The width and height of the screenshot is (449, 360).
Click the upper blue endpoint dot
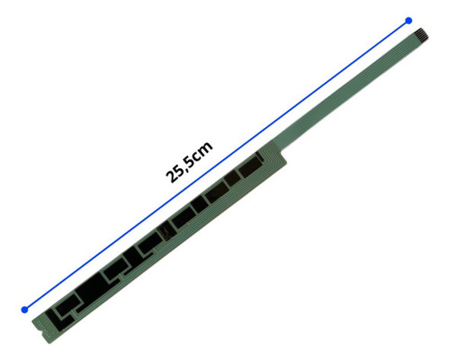tap(409, 21)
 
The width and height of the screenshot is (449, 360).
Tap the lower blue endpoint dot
tap(24, 309)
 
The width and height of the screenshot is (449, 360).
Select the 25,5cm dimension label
tap(189, 161)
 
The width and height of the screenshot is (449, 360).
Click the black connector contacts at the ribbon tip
tap(421, 33)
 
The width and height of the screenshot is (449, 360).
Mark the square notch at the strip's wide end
tap(38, 325)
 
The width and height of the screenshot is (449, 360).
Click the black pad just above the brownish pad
tap(183, 219)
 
